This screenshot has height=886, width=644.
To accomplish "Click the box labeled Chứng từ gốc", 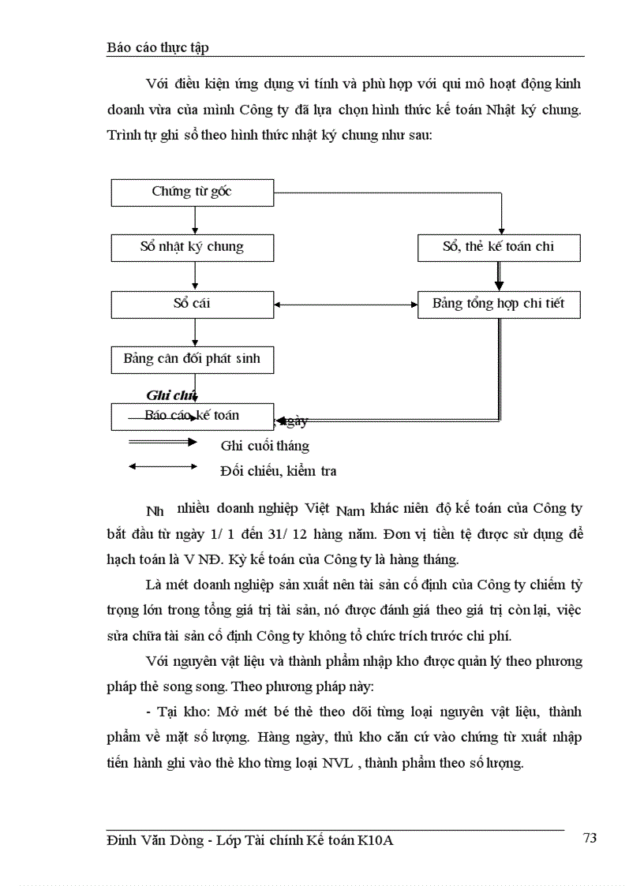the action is (192, 192).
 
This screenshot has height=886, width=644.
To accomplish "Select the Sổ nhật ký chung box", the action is (192, 247).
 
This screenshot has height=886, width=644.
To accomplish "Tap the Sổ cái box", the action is (192, 304).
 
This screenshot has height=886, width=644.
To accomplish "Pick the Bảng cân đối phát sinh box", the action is (192, 359).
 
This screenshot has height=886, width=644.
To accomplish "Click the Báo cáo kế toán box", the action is (192, 416).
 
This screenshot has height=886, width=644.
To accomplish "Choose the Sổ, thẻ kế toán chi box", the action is (499, 247).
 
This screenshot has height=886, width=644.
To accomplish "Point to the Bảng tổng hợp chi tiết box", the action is (499, 304).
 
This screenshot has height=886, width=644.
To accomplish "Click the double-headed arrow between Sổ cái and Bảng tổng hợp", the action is (346, 305).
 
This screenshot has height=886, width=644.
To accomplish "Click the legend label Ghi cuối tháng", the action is (264, 446).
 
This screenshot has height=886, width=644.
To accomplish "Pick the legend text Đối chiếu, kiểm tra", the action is (278, 472).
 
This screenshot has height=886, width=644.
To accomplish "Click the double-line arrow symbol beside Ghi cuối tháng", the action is (163, 442).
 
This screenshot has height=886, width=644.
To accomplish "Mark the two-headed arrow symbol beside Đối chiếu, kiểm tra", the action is (163, 467).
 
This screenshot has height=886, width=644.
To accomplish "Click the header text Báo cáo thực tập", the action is (157, 47).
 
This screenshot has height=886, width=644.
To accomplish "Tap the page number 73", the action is (590, 838).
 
